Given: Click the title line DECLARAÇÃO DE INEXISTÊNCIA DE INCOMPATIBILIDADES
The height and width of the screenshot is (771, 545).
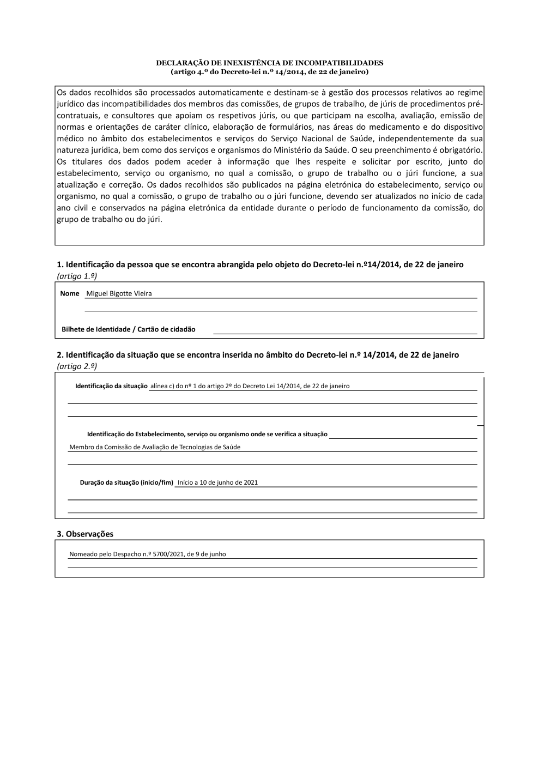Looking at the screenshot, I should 269,63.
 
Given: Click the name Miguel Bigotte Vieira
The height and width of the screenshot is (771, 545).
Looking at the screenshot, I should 119,293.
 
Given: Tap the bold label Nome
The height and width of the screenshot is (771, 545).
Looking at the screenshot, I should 70,293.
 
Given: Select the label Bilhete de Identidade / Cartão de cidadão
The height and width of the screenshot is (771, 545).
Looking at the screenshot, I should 128,329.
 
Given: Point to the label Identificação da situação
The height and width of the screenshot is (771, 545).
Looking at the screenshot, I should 111,386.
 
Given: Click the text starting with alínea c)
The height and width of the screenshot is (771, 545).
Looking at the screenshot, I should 250,386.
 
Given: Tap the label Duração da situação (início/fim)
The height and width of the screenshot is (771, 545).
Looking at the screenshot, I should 126,483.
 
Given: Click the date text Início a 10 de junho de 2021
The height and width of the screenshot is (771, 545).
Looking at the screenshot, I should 217,483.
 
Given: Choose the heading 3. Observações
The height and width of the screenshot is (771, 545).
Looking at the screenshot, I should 85,534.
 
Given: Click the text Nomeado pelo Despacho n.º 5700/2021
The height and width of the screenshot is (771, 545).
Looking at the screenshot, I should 147,554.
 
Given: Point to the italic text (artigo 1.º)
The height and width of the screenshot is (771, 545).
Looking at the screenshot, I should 77,276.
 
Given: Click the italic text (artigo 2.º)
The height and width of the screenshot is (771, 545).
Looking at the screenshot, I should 77,366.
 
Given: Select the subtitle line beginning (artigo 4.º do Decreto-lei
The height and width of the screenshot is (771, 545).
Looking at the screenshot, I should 269,71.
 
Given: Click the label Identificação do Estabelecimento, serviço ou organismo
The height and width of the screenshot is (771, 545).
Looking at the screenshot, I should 207,435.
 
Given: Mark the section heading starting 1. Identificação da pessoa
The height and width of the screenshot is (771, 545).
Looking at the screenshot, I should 260,264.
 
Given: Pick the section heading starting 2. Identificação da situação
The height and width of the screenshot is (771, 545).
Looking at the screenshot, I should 258,355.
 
